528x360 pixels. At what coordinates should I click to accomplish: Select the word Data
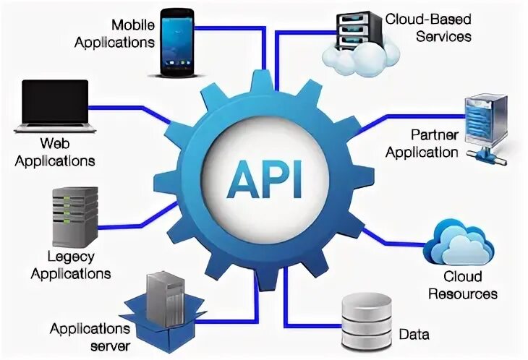414,335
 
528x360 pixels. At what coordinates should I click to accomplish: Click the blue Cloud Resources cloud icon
459,244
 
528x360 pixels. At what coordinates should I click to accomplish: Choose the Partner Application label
423,143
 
